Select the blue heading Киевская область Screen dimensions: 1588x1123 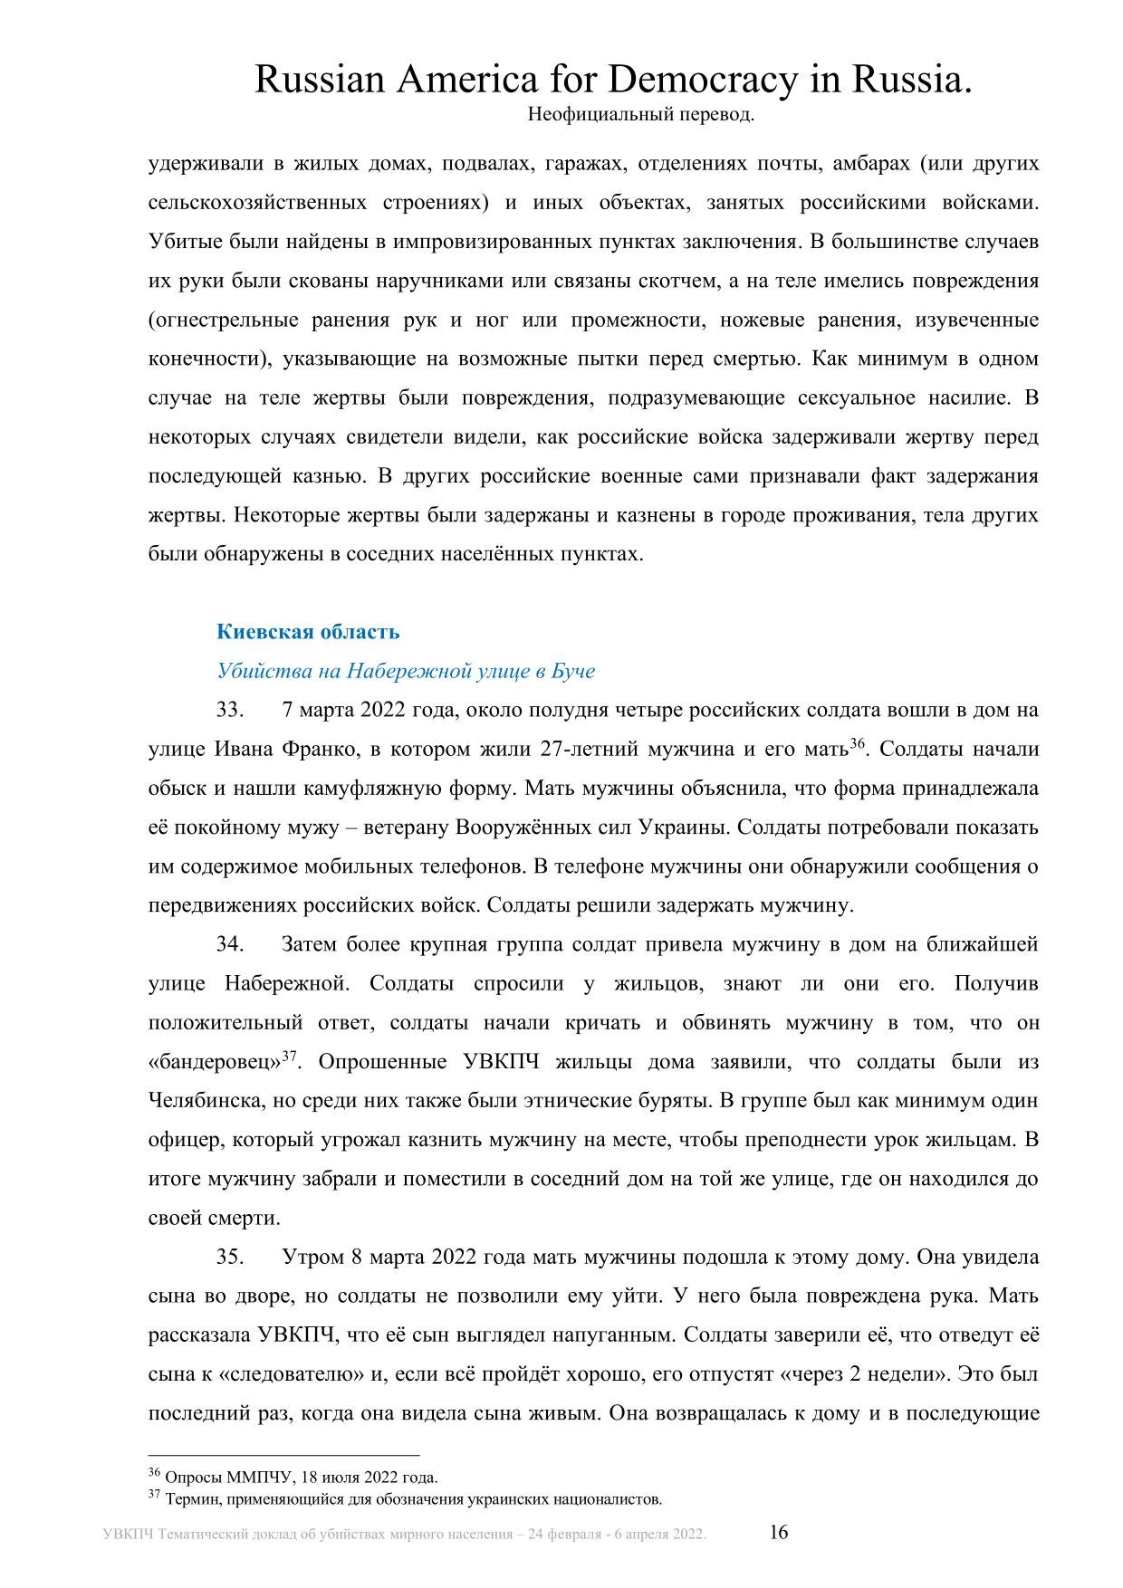point(308,632)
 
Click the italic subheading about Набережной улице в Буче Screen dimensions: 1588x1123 point(406,671)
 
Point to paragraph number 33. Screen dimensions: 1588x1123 point(230,710)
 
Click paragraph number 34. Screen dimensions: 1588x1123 point(230,944)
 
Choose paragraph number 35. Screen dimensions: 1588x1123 point(230,1258)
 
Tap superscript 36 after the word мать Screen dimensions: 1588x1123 point(858,744)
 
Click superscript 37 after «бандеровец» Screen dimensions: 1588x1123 point(290,1057)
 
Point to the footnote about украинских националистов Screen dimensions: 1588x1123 point(413,1499)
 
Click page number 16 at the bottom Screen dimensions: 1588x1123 point(779,1532)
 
